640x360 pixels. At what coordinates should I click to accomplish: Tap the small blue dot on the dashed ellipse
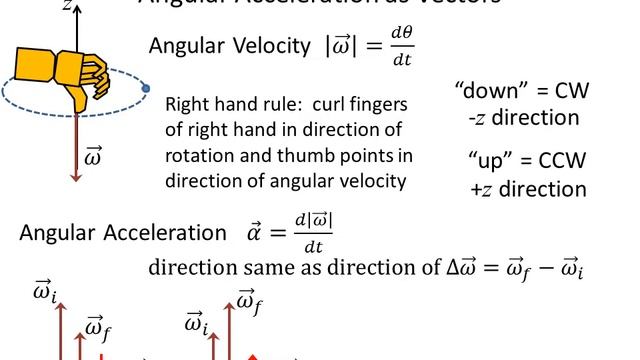point(146,89)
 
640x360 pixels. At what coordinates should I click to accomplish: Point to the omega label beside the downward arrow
point(95,158)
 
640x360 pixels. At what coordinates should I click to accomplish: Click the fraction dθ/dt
point(402,46)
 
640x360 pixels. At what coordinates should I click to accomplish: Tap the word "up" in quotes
point(494,161)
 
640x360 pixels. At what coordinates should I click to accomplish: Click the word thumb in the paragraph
point(319,156)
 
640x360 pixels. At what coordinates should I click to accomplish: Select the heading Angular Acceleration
point(123,233)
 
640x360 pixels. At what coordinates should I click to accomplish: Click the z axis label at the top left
point(66,5)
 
